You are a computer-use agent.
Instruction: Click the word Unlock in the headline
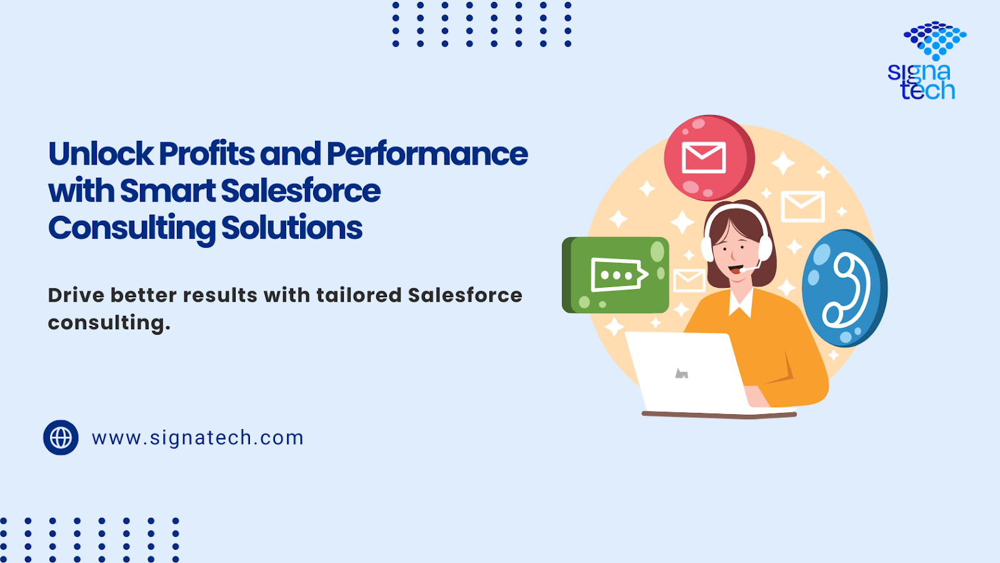(x=101, y=154)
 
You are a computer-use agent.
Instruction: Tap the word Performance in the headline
(x=427, y=154)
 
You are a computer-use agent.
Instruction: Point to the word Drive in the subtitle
(x=76, y=295)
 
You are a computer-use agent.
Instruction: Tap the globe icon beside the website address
(x=61, y=437)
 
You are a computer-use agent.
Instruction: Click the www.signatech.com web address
(x=197, y=438)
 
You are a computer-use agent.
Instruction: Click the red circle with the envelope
(x=709, y=158)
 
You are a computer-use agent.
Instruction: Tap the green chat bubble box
(x=616, y=275)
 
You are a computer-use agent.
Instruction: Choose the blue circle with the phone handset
(x=844, y=288)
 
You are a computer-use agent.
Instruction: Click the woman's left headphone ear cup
(x=707, y=250)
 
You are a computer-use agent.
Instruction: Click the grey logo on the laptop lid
(x=681, y=373)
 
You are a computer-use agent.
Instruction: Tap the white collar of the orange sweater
(x=741, y=303)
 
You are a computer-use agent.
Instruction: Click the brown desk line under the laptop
(x=719, y=415)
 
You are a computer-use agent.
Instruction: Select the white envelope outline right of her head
(x=802, y=206)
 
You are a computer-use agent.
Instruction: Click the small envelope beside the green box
(x=689, y=281)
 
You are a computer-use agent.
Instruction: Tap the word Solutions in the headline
(x=291, y=228)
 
